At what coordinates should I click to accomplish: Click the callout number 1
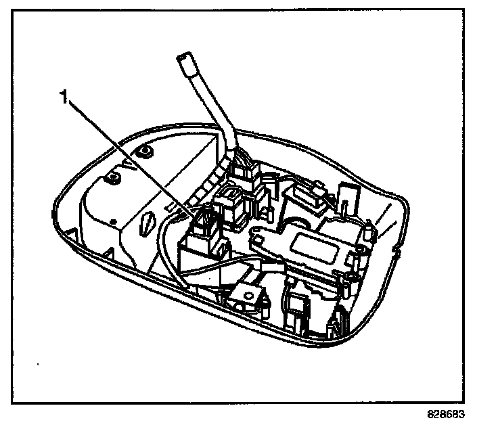[65, 99]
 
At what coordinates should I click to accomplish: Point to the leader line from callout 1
[129, 155]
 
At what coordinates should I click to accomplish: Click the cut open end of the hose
[184, 62]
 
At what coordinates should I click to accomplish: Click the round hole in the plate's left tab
[258, 236]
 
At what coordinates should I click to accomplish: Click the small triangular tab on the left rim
[107, 253]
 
